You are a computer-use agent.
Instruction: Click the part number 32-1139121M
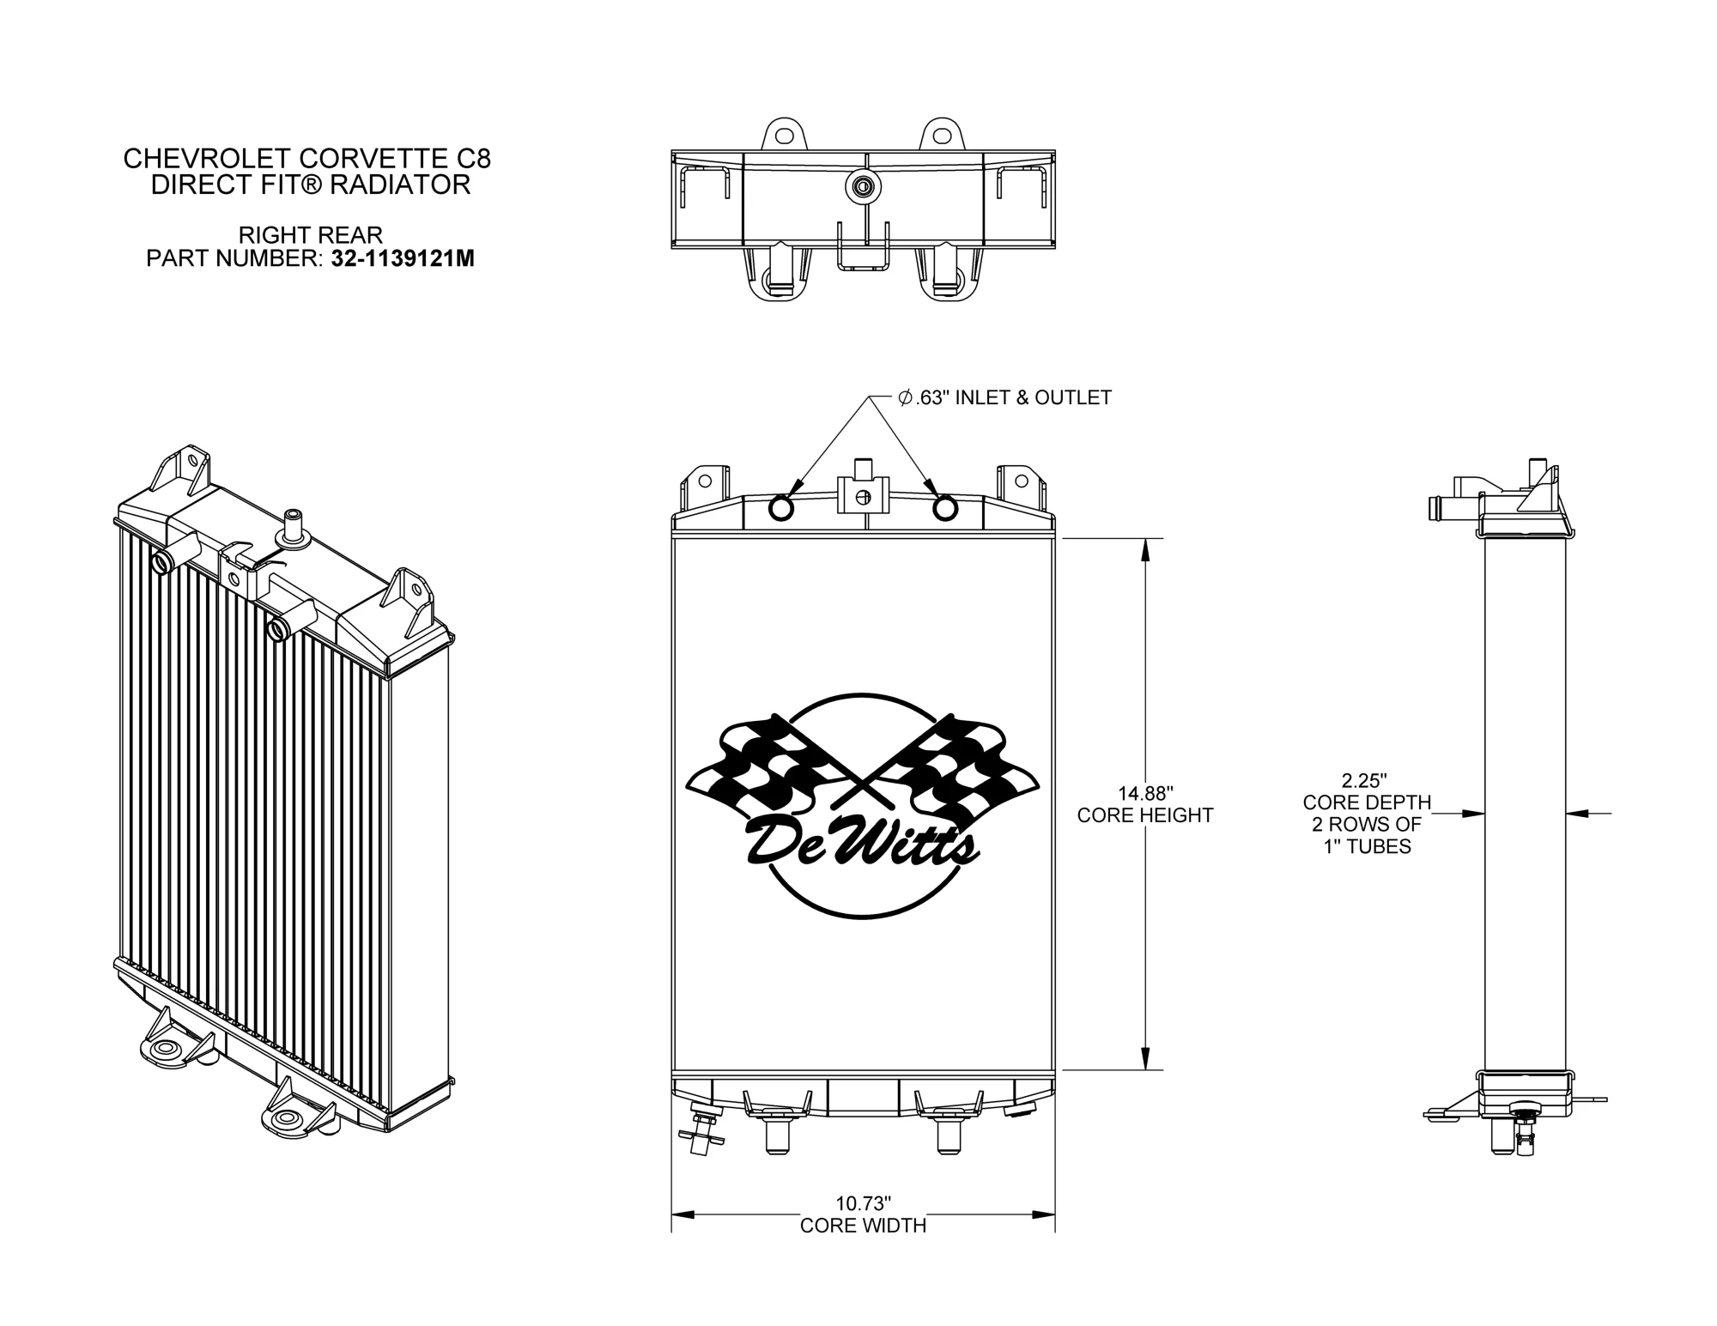(x=403, y=258)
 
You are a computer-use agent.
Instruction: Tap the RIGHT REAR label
(x=311, y=234)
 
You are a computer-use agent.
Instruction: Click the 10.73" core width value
(x=864, y=1202)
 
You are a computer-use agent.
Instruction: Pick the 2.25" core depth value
(x=1365, y=781)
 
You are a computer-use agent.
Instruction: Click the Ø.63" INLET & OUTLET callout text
(x=1004, y=398)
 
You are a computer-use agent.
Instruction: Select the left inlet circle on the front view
(x=782, y=509)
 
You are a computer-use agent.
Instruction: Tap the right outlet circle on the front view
(x=944, y=509)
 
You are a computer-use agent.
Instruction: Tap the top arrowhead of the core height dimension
(x=1144, y=549)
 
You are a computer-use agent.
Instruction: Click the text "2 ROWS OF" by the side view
(x=1366, y=825)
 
